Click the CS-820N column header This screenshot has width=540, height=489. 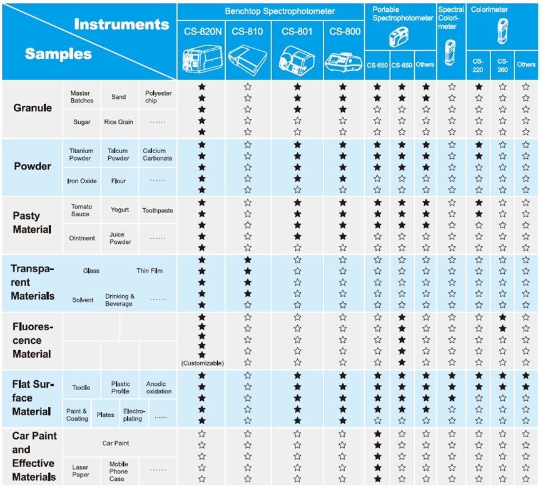(x=201, y=31)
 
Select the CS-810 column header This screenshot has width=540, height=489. (x=247, y=31)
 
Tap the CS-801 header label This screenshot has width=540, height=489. (x=297, y=31)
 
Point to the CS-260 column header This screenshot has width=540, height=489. (x=502, y=64)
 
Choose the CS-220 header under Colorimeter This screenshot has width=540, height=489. (x=478, y=64)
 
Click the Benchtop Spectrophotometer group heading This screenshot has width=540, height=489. (x=271, y=11)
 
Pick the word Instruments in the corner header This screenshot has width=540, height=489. (x=121, y=25)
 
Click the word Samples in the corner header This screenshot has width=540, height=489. (x=58, y=54)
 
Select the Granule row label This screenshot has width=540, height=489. (x=33, y=108)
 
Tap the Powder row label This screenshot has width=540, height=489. (x=33, y=166)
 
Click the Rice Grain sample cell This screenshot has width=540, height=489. (x=118, y=123)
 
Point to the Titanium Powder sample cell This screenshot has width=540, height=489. (x=81, y=154)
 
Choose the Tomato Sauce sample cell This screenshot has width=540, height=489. (x=81, y=210)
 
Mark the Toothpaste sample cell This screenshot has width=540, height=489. (x=157, y=211)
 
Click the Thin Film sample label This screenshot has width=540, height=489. (x=150, y=271)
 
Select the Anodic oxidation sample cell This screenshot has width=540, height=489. (x=159, y=388)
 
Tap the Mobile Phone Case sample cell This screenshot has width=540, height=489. (x=119, y=471)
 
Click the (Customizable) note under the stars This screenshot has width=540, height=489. (x=202, y=363)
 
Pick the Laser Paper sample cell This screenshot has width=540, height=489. (x=81, y=471)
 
